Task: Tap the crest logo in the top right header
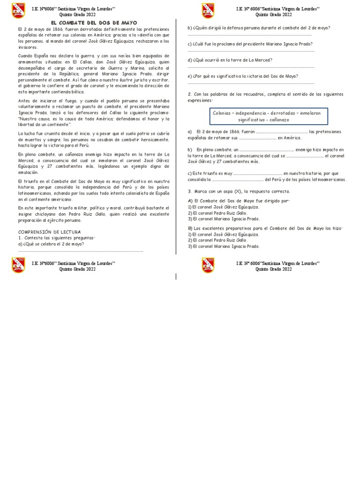coord(208,11)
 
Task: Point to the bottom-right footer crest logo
coord(208,265)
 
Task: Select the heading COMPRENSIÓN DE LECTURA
coord(49,232)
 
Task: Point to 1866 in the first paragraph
coord(54,29)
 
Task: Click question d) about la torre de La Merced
coord(230,60)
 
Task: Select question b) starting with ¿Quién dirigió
coord(259,28)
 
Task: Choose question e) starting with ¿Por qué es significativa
coord(243,76)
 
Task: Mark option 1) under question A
coord(223,207)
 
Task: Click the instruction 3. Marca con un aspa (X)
coord(239,191)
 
